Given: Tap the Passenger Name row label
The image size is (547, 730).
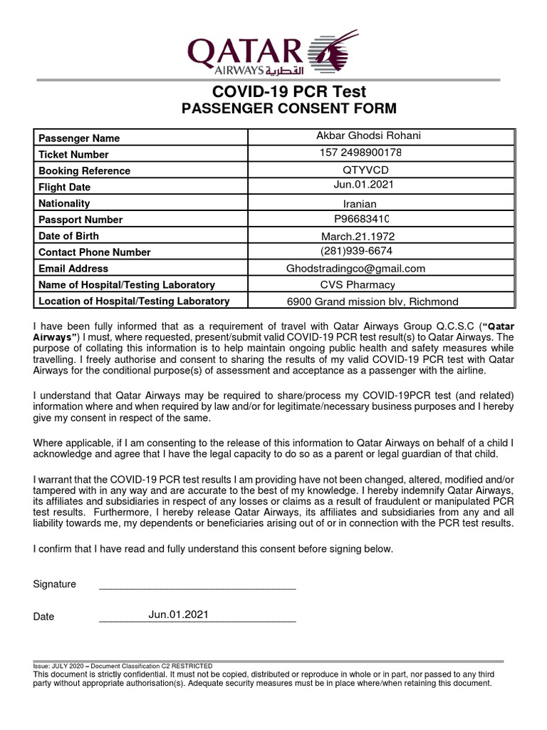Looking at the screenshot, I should pyautogui.click(x=79, y=138).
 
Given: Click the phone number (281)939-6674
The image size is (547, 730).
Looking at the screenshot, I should pyautogui.click(x=356, y=251).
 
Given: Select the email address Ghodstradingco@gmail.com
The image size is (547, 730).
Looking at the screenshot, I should pyautogui.click(x=355, y=269).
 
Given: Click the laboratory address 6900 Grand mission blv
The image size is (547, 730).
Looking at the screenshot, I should pyautogui.click(x=373, y=302).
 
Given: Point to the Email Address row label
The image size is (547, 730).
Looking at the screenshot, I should pyautogui.click(x=73, y=269).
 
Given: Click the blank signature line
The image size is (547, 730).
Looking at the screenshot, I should pyautogui.click(x=197, y=589).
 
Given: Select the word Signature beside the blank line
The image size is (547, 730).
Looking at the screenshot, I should pyautogui.click(x=55, y=584).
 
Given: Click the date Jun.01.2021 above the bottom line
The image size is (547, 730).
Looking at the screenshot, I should pyautogui.click(x=179, y=614).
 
